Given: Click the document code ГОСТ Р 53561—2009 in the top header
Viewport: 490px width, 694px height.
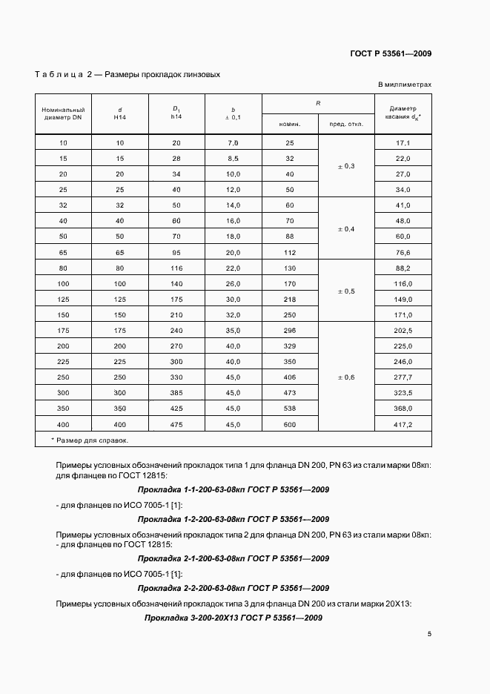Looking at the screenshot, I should [390, 53].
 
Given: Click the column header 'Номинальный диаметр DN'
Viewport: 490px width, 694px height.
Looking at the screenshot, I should [63, 113].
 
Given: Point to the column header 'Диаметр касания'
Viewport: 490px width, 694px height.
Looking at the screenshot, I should [403, 113].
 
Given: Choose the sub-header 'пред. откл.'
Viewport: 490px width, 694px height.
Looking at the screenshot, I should [346, 123].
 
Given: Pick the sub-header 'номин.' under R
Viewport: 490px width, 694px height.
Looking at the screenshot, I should [289, 123].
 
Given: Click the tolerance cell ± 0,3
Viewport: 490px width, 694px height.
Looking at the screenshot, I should [346, 166].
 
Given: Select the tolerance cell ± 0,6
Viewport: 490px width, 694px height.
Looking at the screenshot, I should [346, 377].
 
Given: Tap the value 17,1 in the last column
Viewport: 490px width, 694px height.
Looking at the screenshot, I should [403, 142].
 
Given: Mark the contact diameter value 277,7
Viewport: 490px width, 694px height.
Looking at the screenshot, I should [403, 377].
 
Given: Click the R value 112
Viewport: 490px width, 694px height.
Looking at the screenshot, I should [289, 252].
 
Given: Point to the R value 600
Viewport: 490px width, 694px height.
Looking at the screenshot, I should [289, 423].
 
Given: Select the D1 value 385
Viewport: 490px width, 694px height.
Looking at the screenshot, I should [176, 392].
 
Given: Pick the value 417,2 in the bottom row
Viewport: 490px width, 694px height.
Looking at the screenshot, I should [403, 423].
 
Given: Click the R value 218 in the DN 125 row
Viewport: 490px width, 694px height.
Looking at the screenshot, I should [289, 300].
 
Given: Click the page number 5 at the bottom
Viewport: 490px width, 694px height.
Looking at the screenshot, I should [429, 634].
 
